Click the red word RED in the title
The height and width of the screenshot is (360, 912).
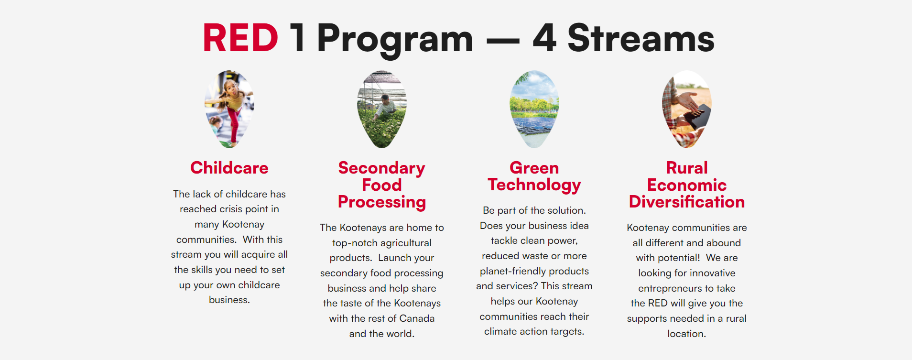(x=240, y=38)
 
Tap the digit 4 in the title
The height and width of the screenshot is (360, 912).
(x=545, y=38)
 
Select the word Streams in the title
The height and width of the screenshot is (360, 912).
(x=641, y=38)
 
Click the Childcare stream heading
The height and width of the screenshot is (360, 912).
(x=229, y=168)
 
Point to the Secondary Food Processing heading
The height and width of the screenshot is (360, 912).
(x=382, y=185)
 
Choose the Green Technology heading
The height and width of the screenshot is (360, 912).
(x=534, y=176)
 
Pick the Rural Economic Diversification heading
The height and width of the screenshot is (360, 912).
(x=687, y=185)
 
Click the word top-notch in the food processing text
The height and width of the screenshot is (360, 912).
(x=354, y=243)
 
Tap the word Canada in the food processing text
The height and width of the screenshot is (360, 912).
(x=417, y=318)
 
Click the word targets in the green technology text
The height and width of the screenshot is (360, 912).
(x=567, y=332)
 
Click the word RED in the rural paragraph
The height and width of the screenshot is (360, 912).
(x=658, y=303)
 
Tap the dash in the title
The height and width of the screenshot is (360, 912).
(x=503, y=41)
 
